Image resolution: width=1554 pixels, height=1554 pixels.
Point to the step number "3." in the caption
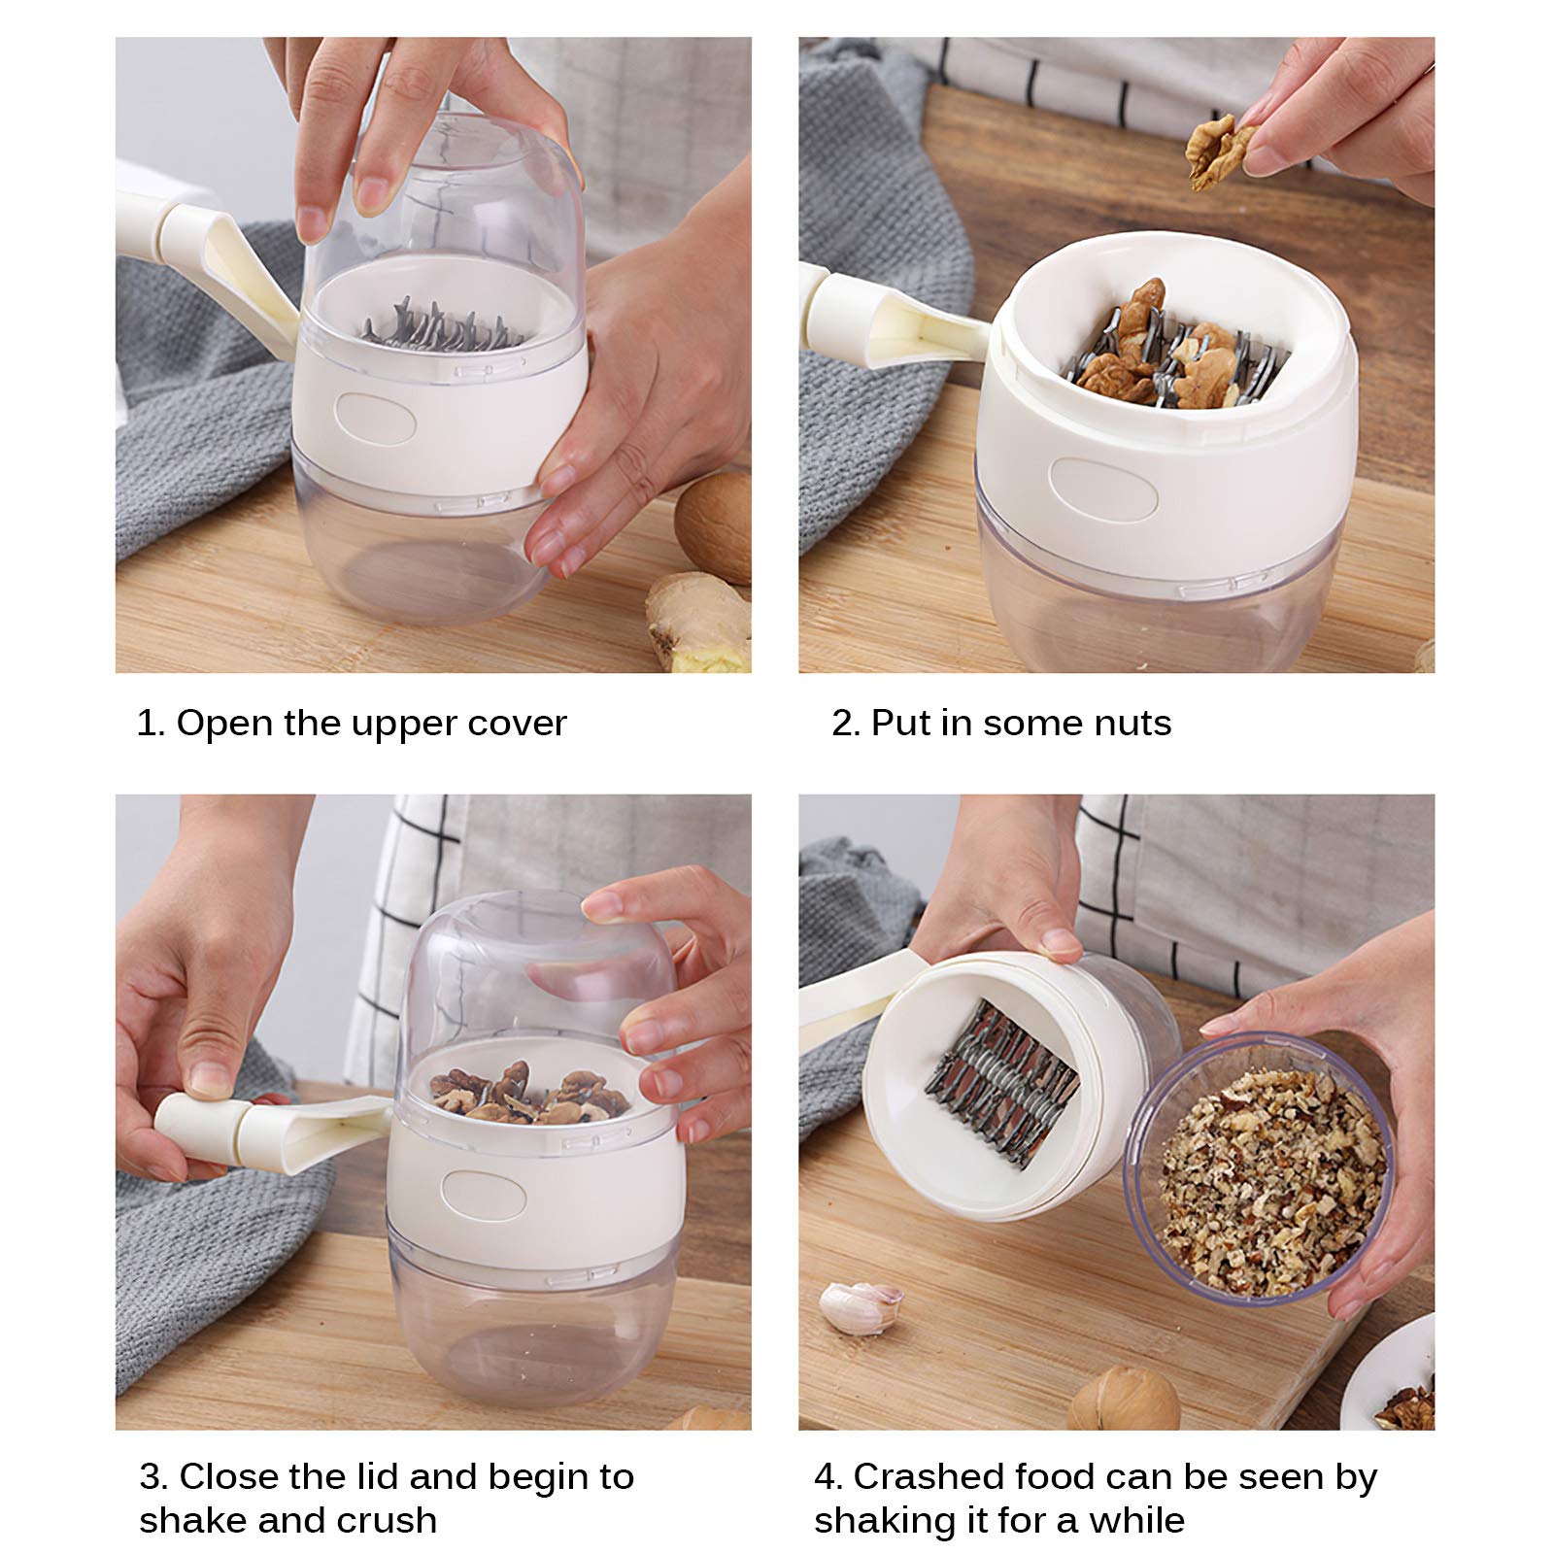[x=153, y=1477]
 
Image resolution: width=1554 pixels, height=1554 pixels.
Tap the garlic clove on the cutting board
[x=861, y=1306]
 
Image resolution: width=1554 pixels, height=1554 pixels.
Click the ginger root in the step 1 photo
[x=697, y=622]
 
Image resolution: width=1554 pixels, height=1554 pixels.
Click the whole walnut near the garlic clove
[x=1124, y=1399]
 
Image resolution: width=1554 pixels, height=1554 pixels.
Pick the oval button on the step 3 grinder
[x=484, y=1195]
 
